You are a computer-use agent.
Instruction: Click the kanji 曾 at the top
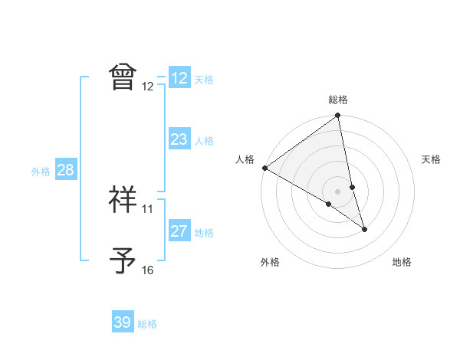123,77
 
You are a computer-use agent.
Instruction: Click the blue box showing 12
179,78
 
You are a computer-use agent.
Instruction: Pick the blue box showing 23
179,139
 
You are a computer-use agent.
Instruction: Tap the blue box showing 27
179,231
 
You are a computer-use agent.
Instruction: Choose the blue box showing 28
65,170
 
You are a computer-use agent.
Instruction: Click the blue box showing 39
123,322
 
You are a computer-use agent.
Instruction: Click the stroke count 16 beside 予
147,270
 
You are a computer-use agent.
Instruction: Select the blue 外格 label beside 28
41,172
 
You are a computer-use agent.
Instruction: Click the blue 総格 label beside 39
147,324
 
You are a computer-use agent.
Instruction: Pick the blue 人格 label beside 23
204,141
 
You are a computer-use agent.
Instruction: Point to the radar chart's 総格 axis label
338,100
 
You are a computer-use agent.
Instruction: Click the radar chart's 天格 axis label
432,159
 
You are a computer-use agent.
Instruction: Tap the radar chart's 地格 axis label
402,262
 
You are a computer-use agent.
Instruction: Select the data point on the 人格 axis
264,168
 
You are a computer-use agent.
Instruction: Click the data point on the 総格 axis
338,116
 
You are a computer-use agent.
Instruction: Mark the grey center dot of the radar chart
337,191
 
